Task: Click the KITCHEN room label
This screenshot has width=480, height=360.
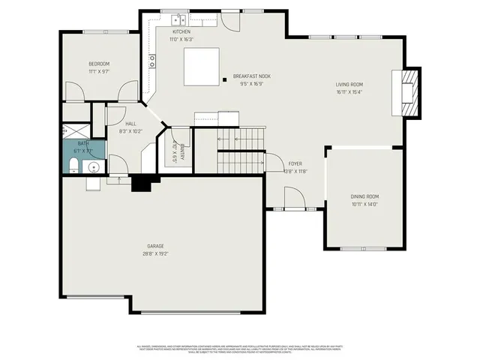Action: point(181,32)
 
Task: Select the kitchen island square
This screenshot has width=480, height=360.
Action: point(201,66)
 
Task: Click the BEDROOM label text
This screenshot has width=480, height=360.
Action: point(99,64)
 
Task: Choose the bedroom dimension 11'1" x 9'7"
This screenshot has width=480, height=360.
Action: point(99,71)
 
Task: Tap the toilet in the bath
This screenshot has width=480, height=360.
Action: point(73,166)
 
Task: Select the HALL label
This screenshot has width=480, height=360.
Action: point(130,124)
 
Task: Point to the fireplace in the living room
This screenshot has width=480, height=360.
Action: point(409,93)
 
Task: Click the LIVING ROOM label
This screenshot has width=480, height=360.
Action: point(349,85)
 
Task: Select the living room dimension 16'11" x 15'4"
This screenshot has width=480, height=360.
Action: point(349,92)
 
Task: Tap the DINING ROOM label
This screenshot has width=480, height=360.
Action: point(364,196)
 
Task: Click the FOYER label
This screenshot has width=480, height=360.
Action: point(295,163)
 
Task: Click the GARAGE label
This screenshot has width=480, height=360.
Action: point(155,246)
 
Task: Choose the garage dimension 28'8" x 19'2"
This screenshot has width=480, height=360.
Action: point(155,253)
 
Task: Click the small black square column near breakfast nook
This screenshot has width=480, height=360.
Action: point(224,79)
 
